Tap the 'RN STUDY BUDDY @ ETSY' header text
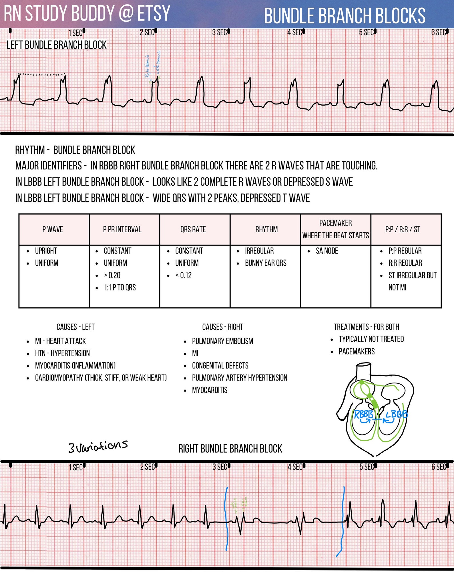point(87,13)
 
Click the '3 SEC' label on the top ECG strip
point(219,33)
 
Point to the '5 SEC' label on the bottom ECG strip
point(367,467)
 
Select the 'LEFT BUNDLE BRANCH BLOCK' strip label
point(56,45)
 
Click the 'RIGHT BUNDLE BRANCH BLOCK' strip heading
point(230,449)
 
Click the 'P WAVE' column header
point(53,229)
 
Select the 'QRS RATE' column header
point(193,229)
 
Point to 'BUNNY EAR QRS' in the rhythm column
point(266,263)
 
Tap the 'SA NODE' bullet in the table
point(327,251)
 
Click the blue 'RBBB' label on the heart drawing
point(363,415)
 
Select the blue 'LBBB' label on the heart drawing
point(397,415)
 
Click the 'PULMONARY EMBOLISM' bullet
point(222,341)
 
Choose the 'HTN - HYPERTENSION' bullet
point(62,353)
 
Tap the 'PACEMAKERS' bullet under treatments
point(357,351)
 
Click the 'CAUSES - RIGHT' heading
point(222,327)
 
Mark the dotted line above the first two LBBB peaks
point(42,75)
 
